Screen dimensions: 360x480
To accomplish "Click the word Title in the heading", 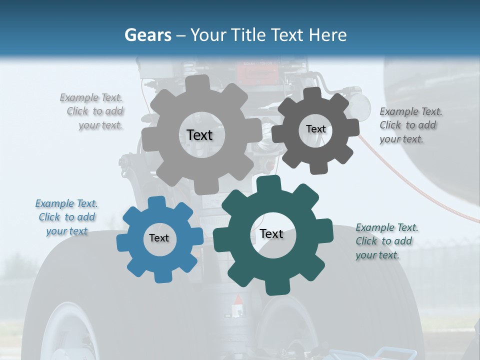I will point(250,35).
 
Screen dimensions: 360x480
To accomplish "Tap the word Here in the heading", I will point(328,35).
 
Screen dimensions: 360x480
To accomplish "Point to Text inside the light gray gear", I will point(199,135).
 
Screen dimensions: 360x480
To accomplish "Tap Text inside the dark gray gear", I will point(315,129).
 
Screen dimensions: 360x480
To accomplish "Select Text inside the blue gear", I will point(159,238).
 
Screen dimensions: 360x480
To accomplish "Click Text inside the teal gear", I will point(271,233).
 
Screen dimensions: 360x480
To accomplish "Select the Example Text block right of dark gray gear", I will point(409,125).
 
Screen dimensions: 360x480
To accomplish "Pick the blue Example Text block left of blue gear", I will point(67,217).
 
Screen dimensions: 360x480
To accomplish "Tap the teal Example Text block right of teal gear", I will point(386,241).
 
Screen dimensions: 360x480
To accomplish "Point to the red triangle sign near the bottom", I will point(239,300).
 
